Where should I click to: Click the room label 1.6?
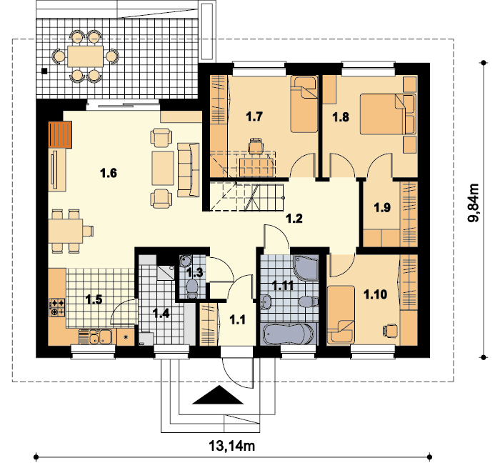tap(109, 174)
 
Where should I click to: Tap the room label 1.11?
tap(283, 286)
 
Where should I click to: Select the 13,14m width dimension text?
tap(232, 445)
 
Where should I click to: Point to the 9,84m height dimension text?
tap(474, 203)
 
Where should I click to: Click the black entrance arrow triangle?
tap(219, 395)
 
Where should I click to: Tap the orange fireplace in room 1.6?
tap(60, 134)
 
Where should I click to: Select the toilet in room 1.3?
tap(191, 288)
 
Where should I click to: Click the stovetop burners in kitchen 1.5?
tap(57, 307)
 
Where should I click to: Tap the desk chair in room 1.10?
tap(390, 330)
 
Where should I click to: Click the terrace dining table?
tap(86, 56)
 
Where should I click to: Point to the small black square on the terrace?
tap(44, 71)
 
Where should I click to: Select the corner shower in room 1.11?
tap(306, 268)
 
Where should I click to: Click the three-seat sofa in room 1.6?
tap(188, 169)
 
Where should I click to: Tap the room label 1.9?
tap(382, 208)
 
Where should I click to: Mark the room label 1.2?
tap(294, 219)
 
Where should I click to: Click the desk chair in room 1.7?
tap(256, 146)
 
